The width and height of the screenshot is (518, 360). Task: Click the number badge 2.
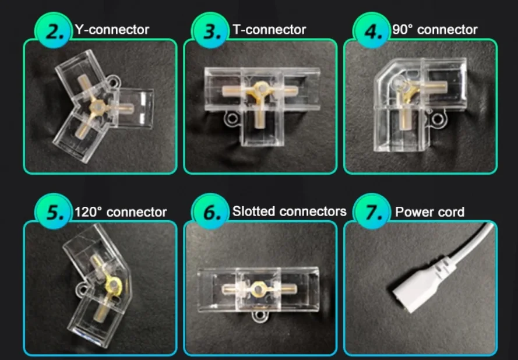click(x=53, y=30)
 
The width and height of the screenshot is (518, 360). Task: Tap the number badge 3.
click(x=210, y=30)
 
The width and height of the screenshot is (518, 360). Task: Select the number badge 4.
click(x=371, y=30)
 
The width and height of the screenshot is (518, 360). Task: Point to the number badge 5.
click(x=53, y=211)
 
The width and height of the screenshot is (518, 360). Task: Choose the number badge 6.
click(x=210, y=211)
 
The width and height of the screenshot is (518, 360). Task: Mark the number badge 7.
click(x=371, y=211)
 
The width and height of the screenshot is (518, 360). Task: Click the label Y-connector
click(x=112, y=30)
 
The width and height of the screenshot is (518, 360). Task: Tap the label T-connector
click(x=269, y=30)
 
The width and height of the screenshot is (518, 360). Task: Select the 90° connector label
click(x=435, y=30)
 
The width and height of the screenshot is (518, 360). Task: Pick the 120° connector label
click(x=121, y=211)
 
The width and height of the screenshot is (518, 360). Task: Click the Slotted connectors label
click(x=290, y=211)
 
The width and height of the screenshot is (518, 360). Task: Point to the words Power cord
click(x=430, y=211)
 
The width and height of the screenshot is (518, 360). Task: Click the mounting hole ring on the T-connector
click(x=231, y=119)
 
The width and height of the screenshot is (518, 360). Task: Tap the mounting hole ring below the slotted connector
click(x=260, y=315)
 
